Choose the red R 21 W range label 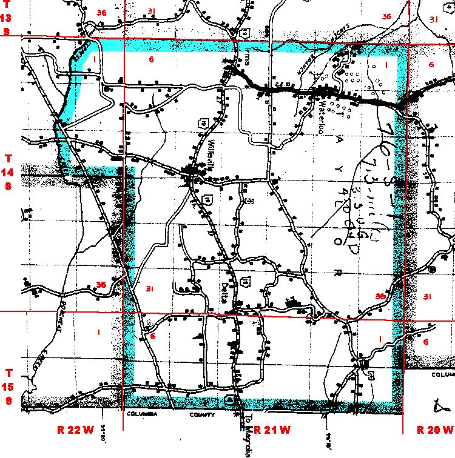coord(272,430)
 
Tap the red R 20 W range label coord(436,430)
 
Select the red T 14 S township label coord(8,172)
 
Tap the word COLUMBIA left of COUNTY coord(146,414)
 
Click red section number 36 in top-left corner coord(101,12)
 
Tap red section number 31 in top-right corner coord(433,19)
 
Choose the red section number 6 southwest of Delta coord(153,336)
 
